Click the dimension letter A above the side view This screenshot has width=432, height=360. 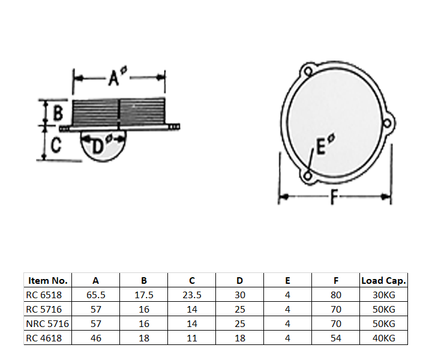tap(115, 78)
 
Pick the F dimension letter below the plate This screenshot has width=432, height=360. tap(335, 197)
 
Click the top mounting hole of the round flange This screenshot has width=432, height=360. tap(308, 71)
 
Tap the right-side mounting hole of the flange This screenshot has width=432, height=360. tap(387, 124)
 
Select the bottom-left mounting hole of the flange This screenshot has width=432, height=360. tap(308, 176)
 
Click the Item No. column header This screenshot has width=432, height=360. tap(48, 280)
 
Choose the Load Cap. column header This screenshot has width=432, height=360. tap(384, 280)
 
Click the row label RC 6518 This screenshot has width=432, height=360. tap(44, 295)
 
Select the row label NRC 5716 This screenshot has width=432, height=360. tap(47, 323)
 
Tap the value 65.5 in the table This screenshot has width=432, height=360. tap(96, 295)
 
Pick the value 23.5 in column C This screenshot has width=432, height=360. tap(192, 295)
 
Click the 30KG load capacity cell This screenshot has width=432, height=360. tap(384, 295)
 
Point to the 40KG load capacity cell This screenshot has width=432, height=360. tap(384, 338)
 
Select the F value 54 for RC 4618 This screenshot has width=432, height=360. tap(336, 338)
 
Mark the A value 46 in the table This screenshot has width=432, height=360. tap(96, 338)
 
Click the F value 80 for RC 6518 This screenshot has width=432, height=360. tap(336, 295)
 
